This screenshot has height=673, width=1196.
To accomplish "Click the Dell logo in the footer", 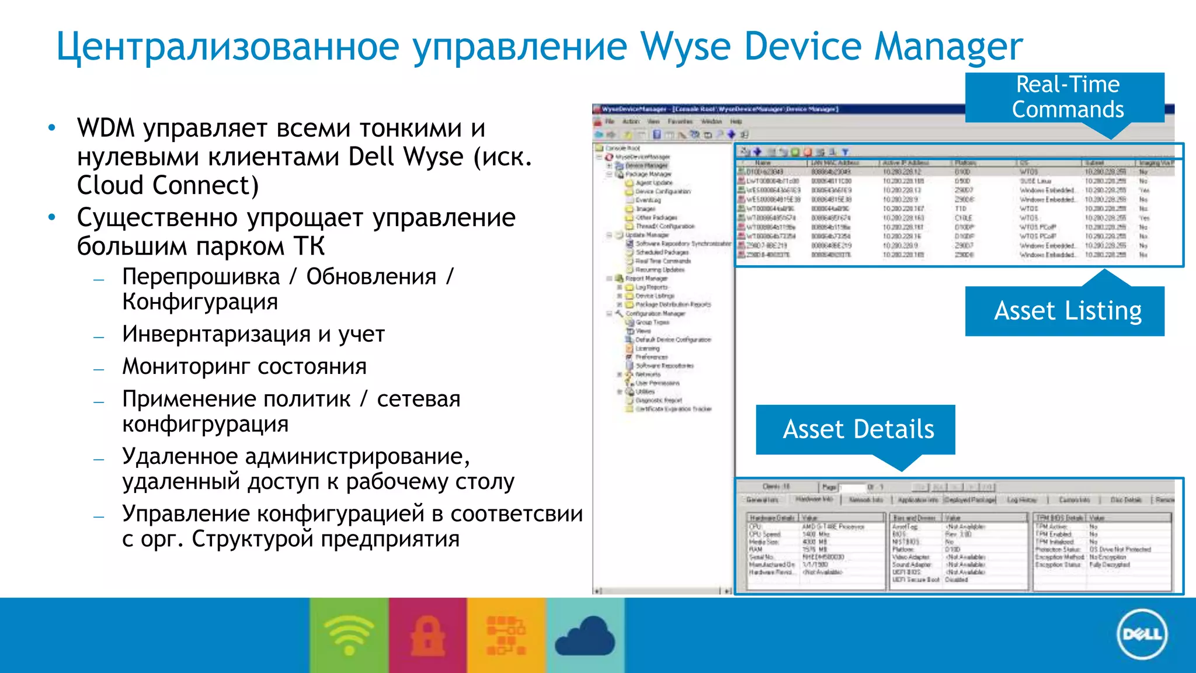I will point(1142,634).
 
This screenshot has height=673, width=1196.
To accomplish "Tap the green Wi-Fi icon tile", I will point(349,635).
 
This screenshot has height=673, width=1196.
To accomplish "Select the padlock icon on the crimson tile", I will point(427,636).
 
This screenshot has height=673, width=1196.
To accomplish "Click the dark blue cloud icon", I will point(585,637).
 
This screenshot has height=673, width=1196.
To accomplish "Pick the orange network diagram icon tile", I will point(506,635).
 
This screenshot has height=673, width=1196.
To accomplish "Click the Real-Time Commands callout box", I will point(1064,97).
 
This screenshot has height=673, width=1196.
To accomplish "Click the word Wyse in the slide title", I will point(684,47).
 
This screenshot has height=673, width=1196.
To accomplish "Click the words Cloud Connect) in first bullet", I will point(168,186).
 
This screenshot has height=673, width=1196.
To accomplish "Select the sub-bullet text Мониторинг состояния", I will point(244,367).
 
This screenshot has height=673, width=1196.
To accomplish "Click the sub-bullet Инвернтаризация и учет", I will point(253,335).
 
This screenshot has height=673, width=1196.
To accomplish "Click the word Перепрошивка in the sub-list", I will point(201,277).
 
